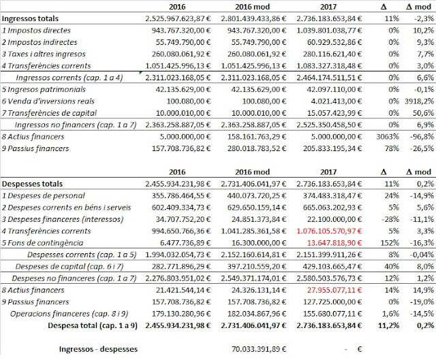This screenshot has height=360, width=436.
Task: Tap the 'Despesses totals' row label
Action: (33, 184)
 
